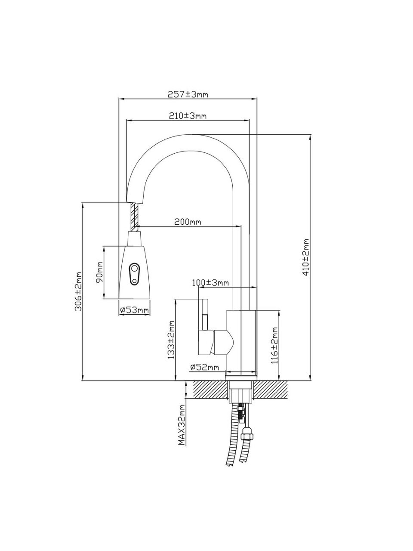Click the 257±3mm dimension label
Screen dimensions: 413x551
(x=188, y=94)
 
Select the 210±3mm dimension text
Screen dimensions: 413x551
(x=188, y=116)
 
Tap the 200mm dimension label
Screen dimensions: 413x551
(x=188, y=222)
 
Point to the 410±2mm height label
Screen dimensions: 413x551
(x=306, y=257)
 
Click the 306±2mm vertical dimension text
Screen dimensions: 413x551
(x=78, y=291)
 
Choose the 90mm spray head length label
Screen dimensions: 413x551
(x=99, y=272)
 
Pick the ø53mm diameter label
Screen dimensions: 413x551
(x=134, y=310)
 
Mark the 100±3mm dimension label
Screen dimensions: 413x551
(x=210, y=283)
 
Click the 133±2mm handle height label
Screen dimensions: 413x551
(x=171, y=339)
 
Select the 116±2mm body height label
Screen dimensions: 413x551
(x=275, y=345)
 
